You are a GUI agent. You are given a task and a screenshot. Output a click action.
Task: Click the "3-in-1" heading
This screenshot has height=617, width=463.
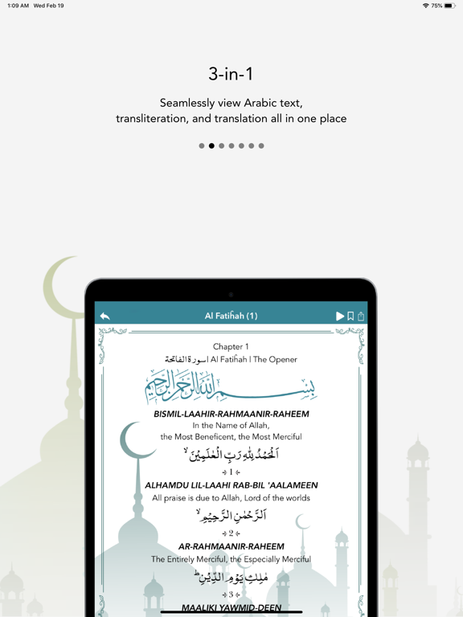click(x=231, y=75)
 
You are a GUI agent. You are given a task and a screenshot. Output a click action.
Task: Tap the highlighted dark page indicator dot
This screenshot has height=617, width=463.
click(x=211, y=146)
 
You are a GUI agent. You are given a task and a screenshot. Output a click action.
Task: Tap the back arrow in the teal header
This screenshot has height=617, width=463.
click(x=104, y=317)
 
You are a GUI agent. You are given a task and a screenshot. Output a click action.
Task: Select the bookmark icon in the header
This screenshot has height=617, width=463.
click(x=350, y=317)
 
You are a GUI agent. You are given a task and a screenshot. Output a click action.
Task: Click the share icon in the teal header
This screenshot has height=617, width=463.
click(x=361, y=317)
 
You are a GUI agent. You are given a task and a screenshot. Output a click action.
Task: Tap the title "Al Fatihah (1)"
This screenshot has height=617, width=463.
click(x=231, y=317)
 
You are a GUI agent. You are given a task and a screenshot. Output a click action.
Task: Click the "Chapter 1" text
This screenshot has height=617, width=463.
click(x=231, y=347)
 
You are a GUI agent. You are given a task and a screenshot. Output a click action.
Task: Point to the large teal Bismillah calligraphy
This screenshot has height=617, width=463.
click(x=231, y=386)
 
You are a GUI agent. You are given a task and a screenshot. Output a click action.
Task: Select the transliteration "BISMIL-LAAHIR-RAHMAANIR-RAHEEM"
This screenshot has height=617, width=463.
click(x=231, y=415)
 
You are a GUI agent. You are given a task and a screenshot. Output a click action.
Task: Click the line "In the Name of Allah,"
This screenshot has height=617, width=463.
click(x=231, y=426)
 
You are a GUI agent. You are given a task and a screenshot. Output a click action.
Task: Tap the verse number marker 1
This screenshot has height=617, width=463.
click(x=231, y=472)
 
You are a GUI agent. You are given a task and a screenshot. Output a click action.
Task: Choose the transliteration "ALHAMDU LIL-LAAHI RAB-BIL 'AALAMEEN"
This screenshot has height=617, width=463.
click(x=231, y=485)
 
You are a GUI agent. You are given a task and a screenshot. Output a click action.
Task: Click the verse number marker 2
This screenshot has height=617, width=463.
click(x=231, y=533)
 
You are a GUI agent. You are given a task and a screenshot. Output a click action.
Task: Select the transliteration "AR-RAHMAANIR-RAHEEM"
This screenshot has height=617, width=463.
click(x=231, y=546)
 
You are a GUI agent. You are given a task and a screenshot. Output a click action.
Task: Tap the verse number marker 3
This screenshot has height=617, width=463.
click(x=231, y=595)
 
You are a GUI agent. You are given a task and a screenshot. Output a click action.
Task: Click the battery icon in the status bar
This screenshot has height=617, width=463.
click(x=449, y=6)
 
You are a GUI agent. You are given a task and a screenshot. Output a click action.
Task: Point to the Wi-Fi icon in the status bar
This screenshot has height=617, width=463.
click(x=425, y=6)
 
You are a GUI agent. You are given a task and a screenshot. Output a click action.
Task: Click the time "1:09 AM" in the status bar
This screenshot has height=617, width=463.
click(x=18, y=6)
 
